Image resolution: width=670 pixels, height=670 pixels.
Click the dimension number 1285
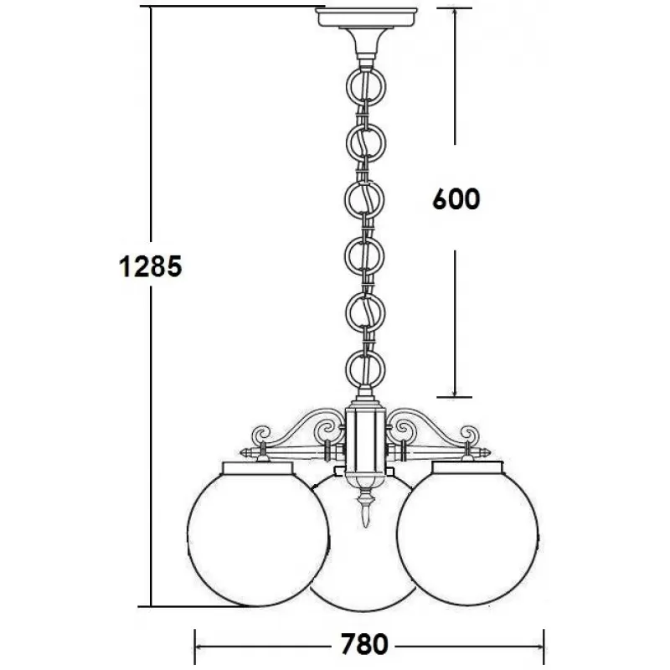pos(151,266)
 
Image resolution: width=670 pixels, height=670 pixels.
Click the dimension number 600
pos(456,199)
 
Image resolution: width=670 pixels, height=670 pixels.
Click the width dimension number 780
pos(364,644)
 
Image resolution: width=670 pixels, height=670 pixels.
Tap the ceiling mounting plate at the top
pos(366,17)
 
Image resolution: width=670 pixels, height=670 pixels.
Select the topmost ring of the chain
pos(347,88)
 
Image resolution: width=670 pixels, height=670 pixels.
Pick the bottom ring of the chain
pos(346,369)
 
